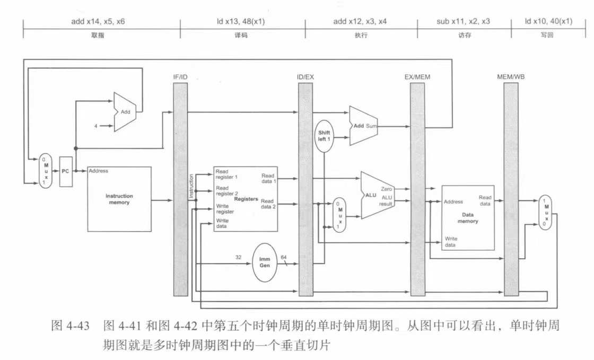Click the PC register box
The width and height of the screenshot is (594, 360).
tap(66, 171)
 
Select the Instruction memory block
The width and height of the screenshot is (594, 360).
tap(119, 199)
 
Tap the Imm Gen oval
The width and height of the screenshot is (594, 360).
tap(265, 262)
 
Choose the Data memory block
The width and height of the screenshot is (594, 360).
tap(467, 217)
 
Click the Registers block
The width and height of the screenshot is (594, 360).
tap(245, 199)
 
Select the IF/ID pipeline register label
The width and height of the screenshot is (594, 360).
tap(180, 77)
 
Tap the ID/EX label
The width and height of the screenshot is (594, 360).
tap(305, 77)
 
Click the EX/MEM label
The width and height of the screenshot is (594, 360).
tap(417, 77)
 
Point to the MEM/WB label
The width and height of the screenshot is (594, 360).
tap(511, 77)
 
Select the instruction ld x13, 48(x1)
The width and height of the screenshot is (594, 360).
tap(242, 22)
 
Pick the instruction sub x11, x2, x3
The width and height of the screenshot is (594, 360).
tap(464, 22)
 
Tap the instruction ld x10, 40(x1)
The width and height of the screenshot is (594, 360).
tap(548, 22)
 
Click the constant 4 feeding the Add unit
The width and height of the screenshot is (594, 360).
tap(96, 126)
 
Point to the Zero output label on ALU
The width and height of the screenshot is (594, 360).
tap(386, 189)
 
